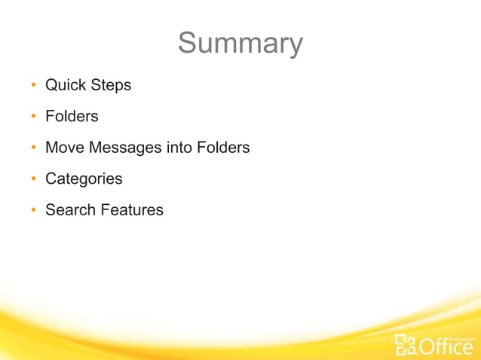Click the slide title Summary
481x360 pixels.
coord(240,44)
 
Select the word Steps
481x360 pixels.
coord(111,85)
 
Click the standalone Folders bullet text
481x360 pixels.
coord(72,117)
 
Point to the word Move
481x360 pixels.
coord(65,148)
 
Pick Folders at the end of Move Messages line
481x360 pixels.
coord(223,148)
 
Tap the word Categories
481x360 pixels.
coord(84,179)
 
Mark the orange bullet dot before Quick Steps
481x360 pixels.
coord(34,86)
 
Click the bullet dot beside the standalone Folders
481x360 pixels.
coord(34,117)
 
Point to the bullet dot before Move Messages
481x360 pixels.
coord(34,148)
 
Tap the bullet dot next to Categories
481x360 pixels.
coord(34,180)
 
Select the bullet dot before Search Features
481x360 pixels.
coord(34,211)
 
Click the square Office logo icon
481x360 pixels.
coord(406,344)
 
